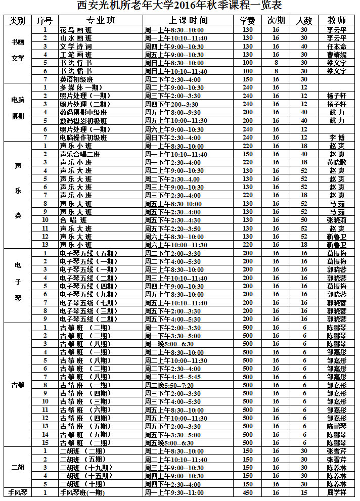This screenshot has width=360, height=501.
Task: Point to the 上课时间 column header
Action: pyautogui.click(x=188, y=21)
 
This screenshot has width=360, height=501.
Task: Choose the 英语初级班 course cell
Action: pyautogui.click(x=76, y=79)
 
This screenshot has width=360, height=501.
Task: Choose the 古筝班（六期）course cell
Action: pyautogui.click(x=83, y=410)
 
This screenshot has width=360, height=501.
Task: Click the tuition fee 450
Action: pyautogui.click(x=247, y=492)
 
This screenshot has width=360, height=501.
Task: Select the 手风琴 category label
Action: pyautogui.click(x=18, y=492)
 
